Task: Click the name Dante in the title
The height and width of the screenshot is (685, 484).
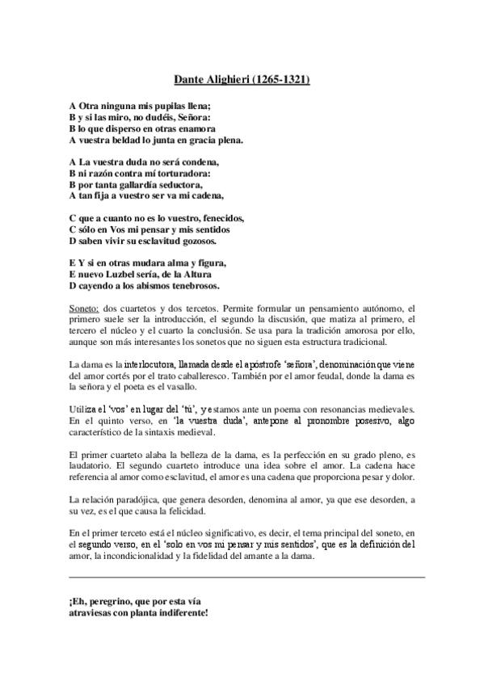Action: pyautogui.click(x=191, y=81)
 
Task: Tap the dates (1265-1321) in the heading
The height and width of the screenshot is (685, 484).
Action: pyautogui.click(x=276, y=81)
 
